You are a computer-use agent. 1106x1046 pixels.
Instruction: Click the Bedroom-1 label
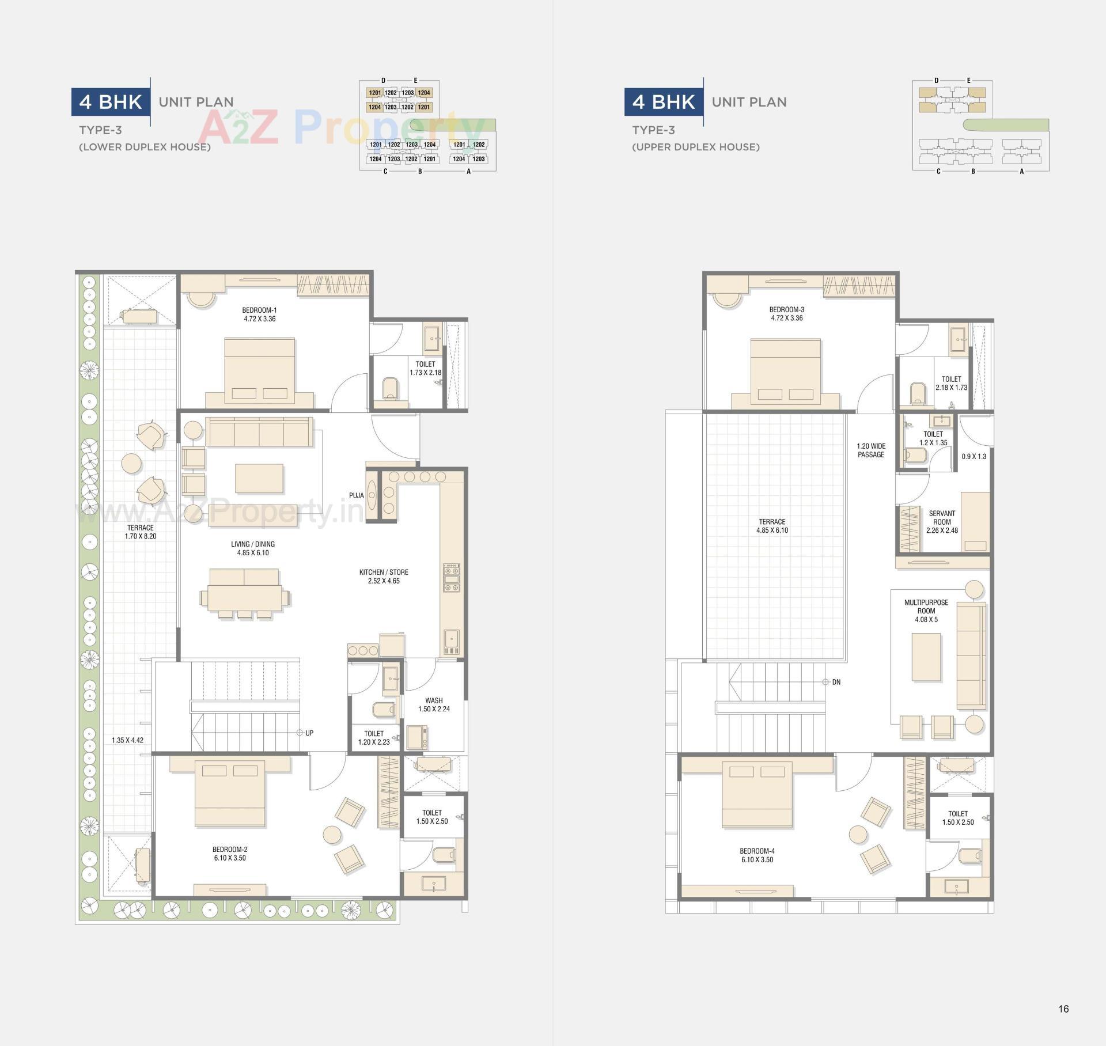coord(259,310)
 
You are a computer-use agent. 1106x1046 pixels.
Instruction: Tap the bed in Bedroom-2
coord(230,794)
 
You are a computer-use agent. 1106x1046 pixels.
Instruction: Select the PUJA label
coord(356,495)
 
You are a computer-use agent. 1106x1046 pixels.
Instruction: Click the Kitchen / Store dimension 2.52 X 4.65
coord(384,581)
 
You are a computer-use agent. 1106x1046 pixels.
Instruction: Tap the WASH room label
coord(434,700)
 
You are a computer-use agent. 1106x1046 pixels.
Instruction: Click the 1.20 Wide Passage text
coord(870,450)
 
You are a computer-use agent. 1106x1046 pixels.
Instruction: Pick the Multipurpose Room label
coord(926,607)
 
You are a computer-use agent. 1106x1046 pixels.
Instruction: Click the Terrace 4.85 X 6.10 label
coord(772,526)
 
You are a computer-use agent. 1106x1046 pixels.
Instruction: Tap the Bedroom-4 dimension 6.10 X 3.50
coord(757,859)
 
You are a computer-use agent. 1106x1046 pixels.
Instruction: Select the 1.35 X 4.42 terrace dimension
coord(127,740)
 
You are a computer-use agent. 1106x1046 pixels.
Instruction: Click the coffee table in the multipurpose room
coord(926,657)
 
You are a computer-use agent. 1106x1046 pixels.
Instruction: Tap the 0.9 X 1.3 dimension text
coord(974,456)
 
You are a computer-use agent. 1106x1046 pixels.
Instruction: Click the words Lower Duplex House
coord(145,147)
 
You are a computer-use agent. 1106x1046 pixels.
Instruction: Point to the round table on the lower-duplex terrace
coord(132,464)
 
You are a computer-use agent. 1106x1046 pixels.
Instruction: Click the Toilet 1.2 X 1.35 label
coord(933,438)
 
